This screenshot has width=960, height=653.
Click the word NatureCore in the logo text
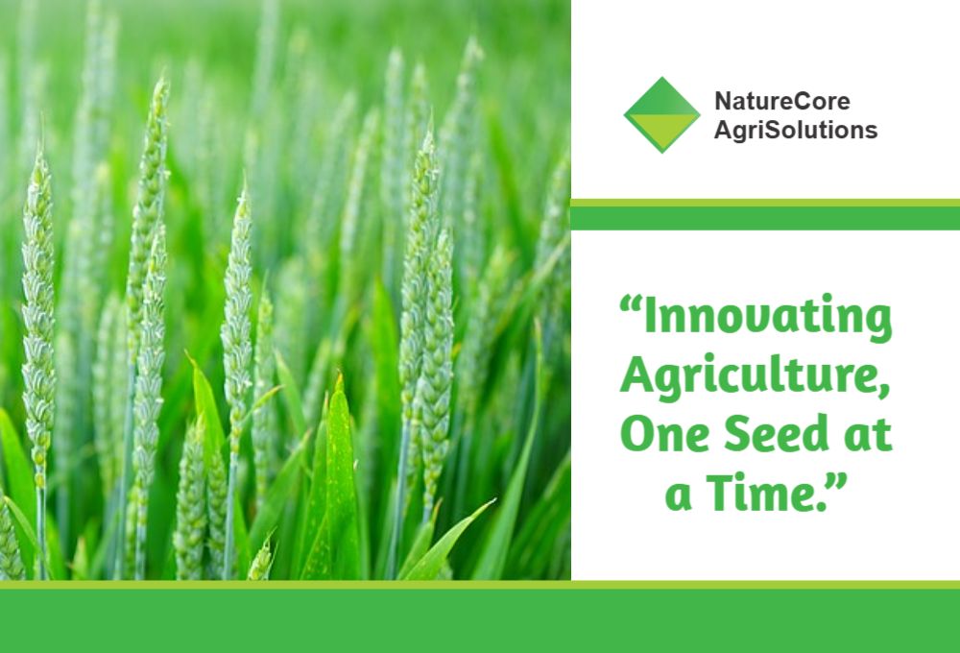pos(781,101)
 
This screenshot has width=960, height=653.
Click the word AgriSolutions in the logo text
pos(795,131)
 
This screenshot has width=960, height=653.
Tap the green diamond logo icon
pos(661,114)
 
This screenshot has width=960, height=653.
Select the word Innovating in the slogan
pos(768,317)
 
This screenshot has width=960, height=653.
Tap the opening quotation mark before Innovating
pos(630,303)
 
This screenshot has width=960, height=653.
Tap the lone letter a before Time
pos(679,496)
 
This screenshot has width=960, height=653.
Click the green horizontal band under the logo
pos(765,218)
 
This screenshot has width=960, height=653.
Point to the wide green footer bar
pos(480,620)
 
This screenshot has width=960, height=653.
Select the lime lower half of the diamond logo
pos(661,133)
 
